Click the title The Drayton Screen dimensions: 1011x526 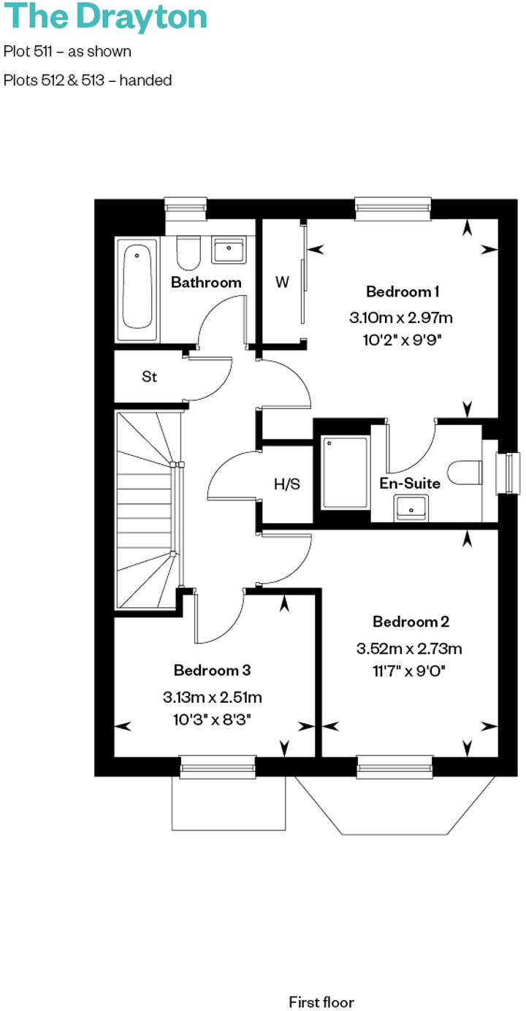(105, 16)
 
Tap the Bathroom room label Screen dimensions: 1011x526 (206, 282)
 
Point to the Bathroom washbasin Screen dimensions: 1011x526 (230, 250)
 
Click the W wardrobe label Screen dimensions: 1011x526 (282, 282)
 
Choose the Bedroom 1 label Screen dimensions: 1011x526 (403, 292)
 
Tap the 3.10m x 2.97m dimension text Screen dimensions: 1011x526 (401, 318)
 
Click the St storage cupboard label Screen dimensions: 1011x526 (149, 377)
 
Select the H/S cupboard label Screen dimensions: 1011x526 (287, 484)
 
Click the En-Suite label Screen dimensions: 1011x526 (409, 483)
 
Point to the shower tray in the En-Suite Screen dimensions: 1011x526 (345, 473)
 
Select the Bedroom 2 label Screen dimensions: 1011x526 (411, 622)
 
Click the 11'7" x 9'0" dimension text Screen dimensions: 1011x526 (409, 668)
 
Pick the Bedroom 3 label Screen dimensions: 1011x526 (213, 670)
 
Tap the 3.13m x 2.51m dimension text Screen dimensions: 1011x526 (213, 697)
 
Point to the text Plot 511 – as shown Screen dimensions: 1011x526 (67, 52)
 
